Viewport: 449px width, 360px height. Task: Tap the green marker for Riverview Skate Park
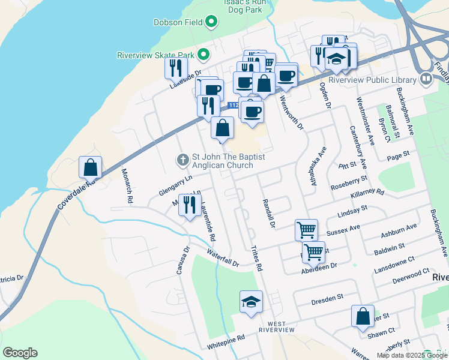[203, 55]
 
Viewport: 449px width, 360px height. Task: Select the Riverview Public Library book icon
[426, 79]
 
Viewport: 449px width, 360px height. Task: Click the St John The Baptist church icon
[182, 160]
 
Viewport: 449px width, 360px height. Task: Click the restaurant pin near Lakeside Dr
[176, 68]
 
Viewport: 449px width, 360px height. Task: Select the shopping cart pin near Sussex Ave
[306, 229]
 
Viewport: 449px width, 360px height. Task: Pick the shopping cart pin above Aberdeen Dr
[313, 252]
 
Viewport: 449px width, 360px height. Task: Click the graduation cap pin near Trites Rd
[251, 301]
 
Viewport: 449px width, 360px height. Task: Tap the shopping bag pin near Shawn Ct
[363, 316]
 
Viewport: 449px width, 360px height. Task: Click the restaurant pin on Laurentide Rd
[190, 205]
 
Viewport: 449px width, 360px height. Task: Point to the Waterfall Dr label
[223, 259]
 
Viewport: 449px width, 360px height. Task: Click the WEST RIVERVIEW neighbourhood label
[277, 327]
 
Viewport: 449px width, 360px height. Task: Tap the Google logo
[20, 353]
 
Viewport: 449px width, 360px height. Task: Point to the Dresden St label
[327, 296]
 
